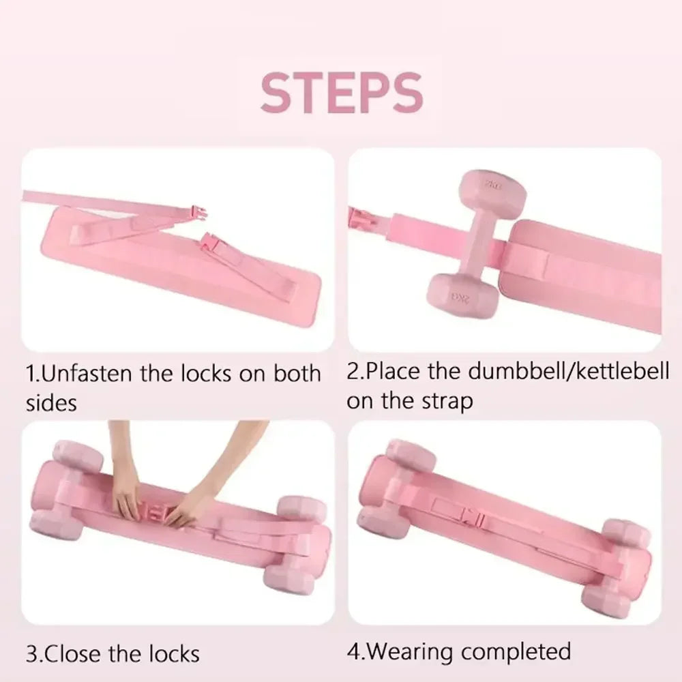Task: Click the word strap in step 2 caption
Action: pyautogui.click(x=447, y=401)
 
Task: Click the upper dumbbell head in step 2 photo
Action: pyautogui.click(x=491, y=191)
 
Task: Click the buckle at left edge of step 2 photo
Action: pyautogui.click(x=359, y=218)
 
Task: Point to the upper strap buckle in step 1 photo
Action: pyautogui.click(x=196, y=213)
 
